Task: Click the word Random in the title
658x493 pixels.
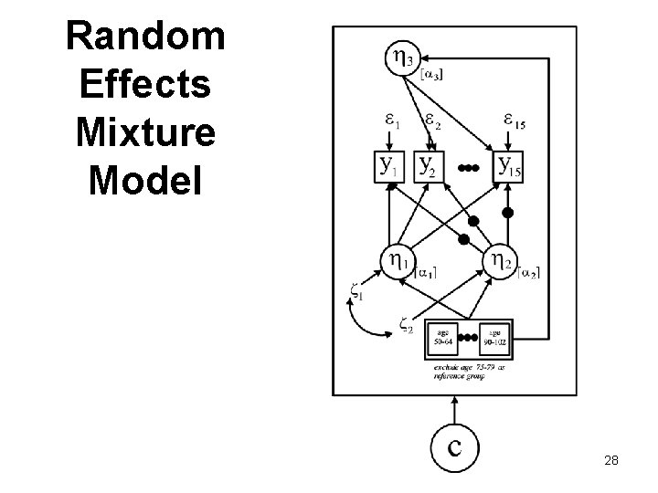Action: point(146,37)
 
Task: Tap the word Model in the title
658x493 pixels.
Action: point(146,179)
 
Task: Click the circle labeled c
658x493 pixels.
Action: point(455,446)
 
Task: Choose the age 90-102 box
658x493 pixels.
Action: point(495,337)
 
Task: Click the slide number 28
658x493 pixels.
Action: point(611,460)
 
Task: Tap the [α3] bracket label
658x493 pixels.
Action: point(429,76)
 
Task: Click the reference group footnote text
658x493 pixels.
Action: point(471,369)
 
